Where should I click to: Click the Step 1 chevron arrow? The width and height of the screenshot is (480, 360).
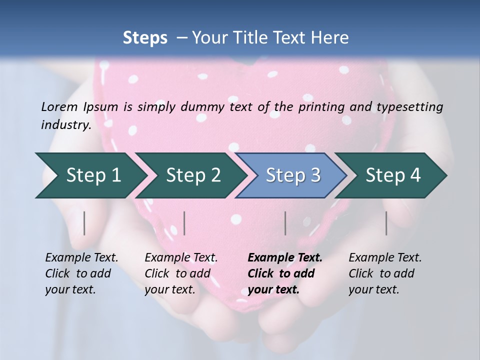(x=92, y=175)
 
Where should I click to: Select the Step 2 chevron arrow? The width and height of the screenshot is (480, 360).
(x=192, y=175)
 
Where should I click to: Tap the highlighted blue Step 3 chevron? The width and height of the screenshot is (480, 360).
(x=292, y=175)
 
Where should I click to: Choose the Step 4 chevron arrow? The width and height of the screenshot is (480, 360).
(x=392, y=175)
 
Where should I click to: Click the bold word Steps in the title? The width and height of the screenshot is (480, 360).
(x=145, y=38)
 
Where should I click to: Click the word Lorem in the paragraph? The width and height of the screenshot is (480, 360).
(x=59, y=106)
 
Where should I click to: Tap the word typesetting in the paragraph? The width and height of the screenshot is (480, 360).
(x=412, y=106)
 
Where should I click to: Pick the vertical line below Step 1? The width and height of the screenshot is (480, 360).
(x=84, y=223)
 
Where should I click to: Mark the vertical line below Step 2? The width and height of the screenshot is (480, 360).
(x=184, y=223)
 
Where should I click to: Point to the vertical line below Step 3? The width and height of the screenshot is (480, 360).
(x=285, y=223)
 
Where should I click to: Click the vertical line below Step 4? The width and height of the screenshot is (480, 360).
(x=386, y=223)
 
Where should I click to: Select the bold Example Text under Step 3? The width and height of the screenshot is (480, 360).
(x=285, y=258)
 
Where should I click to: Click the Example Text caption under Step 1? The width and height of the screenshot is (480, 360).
(x=81, y=258)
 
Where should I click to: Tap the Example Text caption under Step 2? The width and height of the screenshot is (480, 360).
(x=181, y=258)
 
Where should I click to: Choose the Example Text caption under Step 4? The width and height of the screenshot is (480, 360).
(x=385, y=258)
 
